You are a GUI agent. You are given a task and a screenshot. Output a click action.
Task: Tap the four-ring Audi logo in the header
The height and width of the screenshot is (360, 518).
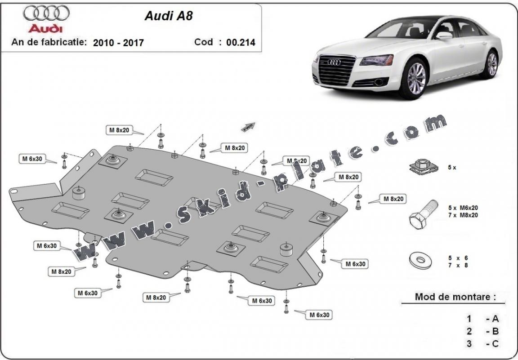click(x=46, y=13)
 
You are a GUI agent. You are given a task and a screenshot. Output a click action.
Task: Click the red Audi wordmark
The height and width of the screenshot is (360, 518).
click(x=46, y=28)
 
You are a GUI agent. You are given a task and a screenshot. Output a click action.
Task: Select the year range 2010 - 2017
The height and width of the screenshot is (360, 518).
click(x=118, y=43)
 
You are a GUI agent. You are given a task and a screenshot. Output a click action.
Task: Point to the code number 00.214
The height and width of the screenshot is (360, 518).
click(x=241, y=43)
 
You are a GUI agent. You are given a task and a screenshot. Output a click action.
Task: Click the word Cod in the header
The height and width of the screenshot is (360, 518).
click(x=203, y=42)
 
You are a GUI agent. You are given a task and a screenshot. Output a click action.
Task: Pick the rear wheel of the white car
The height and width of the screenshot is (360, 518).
click(x=492, y=64)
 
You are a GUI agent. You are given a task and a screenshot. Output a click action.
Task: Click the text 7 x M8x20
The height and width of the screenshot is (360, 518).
click(x=463, y=215)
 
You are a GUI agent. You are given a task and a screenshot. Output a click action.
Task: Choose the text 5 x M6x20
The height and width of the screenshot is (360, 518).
click(x=463, y=208)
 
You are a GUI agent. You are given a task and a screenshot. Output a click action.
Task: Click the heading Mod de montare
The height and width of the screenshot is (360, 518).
click(x=455, y=297)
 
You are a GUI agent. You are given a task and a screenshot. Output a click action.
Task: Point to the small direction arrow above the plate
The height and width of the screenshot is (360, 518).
click(x=248, y=127)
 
